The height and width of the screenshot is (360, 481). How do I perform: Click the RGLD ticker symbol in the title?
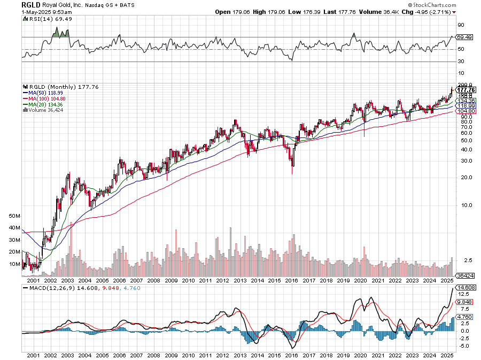click(x=28, y=4)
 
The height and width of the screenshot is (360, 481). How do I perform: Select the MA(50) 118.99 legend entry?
click(x=44, y=93)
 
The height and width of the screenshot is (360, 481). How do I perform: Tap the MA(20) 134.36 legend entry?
click(x=44, y=104)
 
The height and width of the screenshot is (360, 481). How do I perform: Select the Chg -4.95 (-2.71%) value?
click(x=431, y=11)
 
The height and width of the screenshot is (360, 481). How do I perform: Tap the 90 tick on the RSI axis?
click(x=461, y=25)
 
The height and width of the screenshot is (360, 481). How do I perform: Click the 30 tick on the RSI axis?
click(x=461, y=62)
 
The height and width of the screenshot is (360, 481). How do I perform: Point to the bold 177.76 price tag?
click(x=467, y=90)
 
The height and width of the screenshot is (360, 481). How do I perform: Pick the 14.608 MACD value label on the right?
click(x=467, y=287)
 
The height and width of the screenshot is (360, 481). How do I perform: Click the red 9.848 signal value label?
click(x=464, y=301)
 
